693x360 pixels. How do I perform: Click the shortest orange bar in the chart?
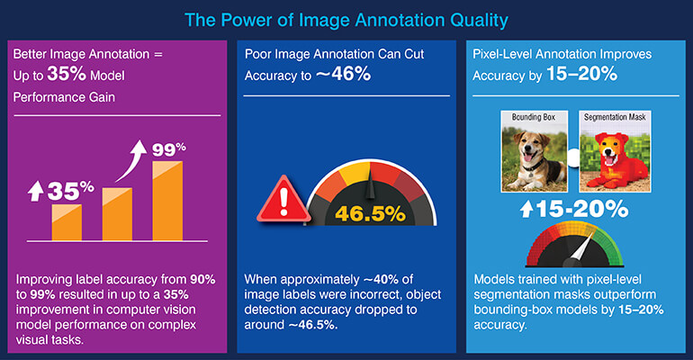click(x=67, y=221)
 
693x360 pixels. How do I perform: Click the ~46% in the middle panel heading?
click(x=343, y=75)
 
